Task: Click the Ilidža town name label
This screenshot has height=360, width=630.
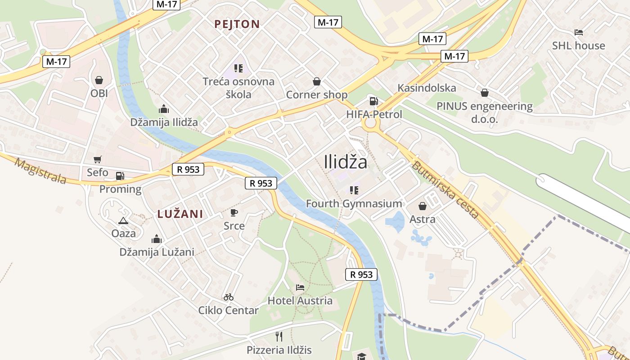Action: point(345,162)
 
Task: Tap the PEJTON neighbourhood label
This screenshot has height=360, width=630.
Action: point(237,24)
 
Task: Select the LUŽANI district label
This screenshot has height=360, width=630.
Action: point(180,214)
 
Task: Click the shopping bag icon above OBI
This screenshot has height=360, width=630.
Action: point(99,80)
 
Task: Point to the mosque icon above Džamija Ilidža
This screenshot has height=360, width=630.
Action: point(163,109)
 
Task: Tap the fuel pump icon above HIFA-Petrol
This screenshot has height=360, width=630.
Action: point(373,101)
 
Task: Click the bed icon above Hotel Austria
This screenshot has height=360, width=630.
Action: point(300,287)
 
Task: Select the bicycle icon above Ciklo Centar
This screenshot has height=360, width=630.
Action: point(229,297)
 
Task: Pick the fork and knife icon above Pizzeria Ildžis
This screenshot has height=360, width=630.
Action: point(279,336)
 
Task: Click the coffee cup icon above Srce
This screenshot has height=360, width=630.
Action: point(234,212)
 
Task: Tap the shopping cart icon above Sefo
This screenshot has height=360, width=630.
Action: point(97,159)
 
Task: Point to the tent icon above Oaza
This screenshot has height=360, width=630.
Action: point(123,220)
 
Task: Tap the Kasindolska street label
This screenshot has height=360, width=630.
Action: point(427,88)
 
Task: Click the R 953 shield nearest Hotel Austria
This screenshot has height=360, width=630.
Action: point(361,274)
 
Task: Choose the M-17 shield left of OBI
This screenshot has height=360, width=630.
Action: point(56,62)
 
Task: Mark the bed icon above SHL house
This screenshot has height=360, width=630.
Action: point(579,32)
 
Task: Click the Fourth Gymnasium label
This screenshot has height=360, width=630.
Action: point(354,203)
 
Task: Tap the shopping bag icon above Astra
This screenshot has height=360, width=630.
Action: point(423,206)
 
